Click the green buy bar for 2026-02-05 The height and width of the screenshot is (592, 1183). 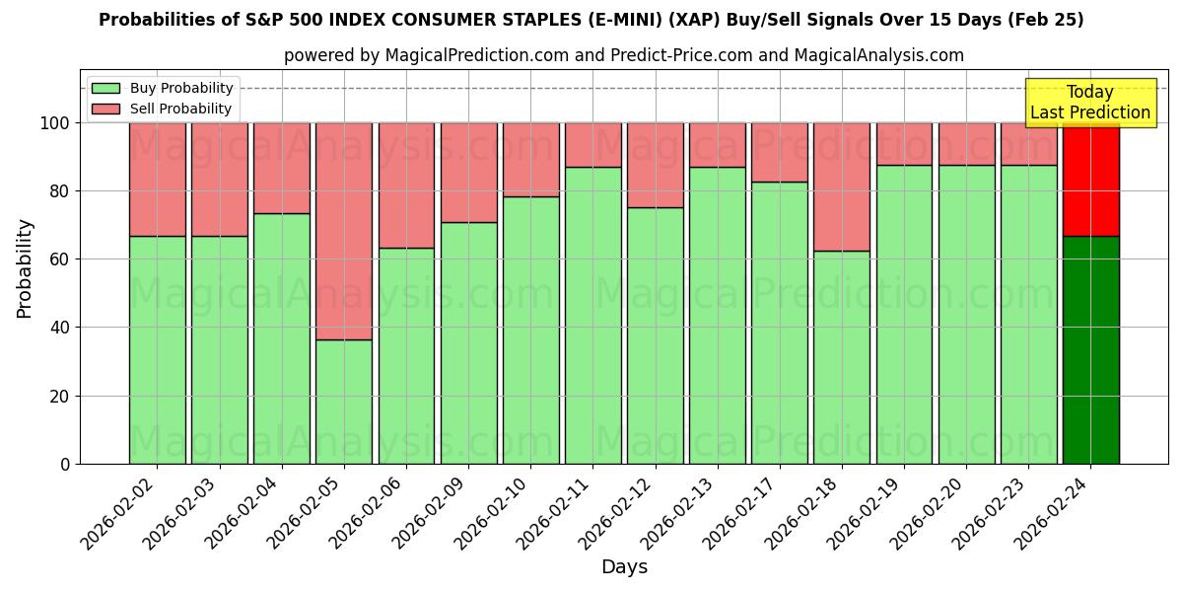click(x=344, y=402)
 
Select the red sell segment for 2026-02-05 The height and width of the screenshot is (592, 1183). click(x=344, y=231)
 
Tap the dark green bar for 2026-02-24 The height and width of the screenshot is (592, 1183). click(x=1090, y=349)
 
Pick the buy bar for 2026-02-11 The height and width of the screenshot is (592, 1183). click(x=592, y=315)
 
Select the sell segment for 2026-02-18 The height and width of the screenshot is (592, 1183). click(x=842, y=187)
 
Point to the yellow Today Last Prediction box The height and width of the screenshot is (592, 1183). click(x=1090, y=103)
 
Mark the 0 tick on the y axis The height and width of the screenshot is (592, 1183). click(x=65, y=464)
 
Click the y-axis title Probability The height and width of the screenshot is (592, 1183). click(x=25, y=267)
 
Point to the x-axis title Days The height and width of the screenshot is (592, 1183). click(x=624, y=567)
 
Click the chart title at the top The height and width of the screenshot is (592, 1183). click(x=591, y=21)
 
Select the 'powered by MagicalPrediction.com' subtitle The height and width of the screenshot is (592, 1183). click(x=624, y=55)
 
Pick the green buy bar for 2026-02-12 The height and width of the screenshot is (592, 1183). click(x=655, y=335)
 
